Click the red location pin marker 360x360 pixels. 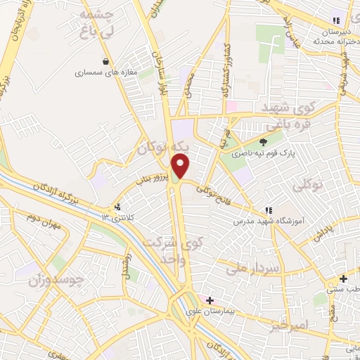(181, 165)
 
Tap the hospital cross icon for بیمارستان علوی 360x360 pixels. (209, 300)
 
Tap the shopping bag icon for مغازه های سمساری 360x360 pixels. (106, 61)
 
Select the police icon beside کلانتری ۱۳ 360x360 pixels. (117, 207)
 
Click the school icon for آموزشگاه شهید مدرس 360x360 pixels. (267, 210)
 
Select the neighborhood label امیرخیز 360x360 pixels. (289, 307)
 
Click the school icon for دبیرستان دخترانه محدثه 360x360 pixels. (335, 20)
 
